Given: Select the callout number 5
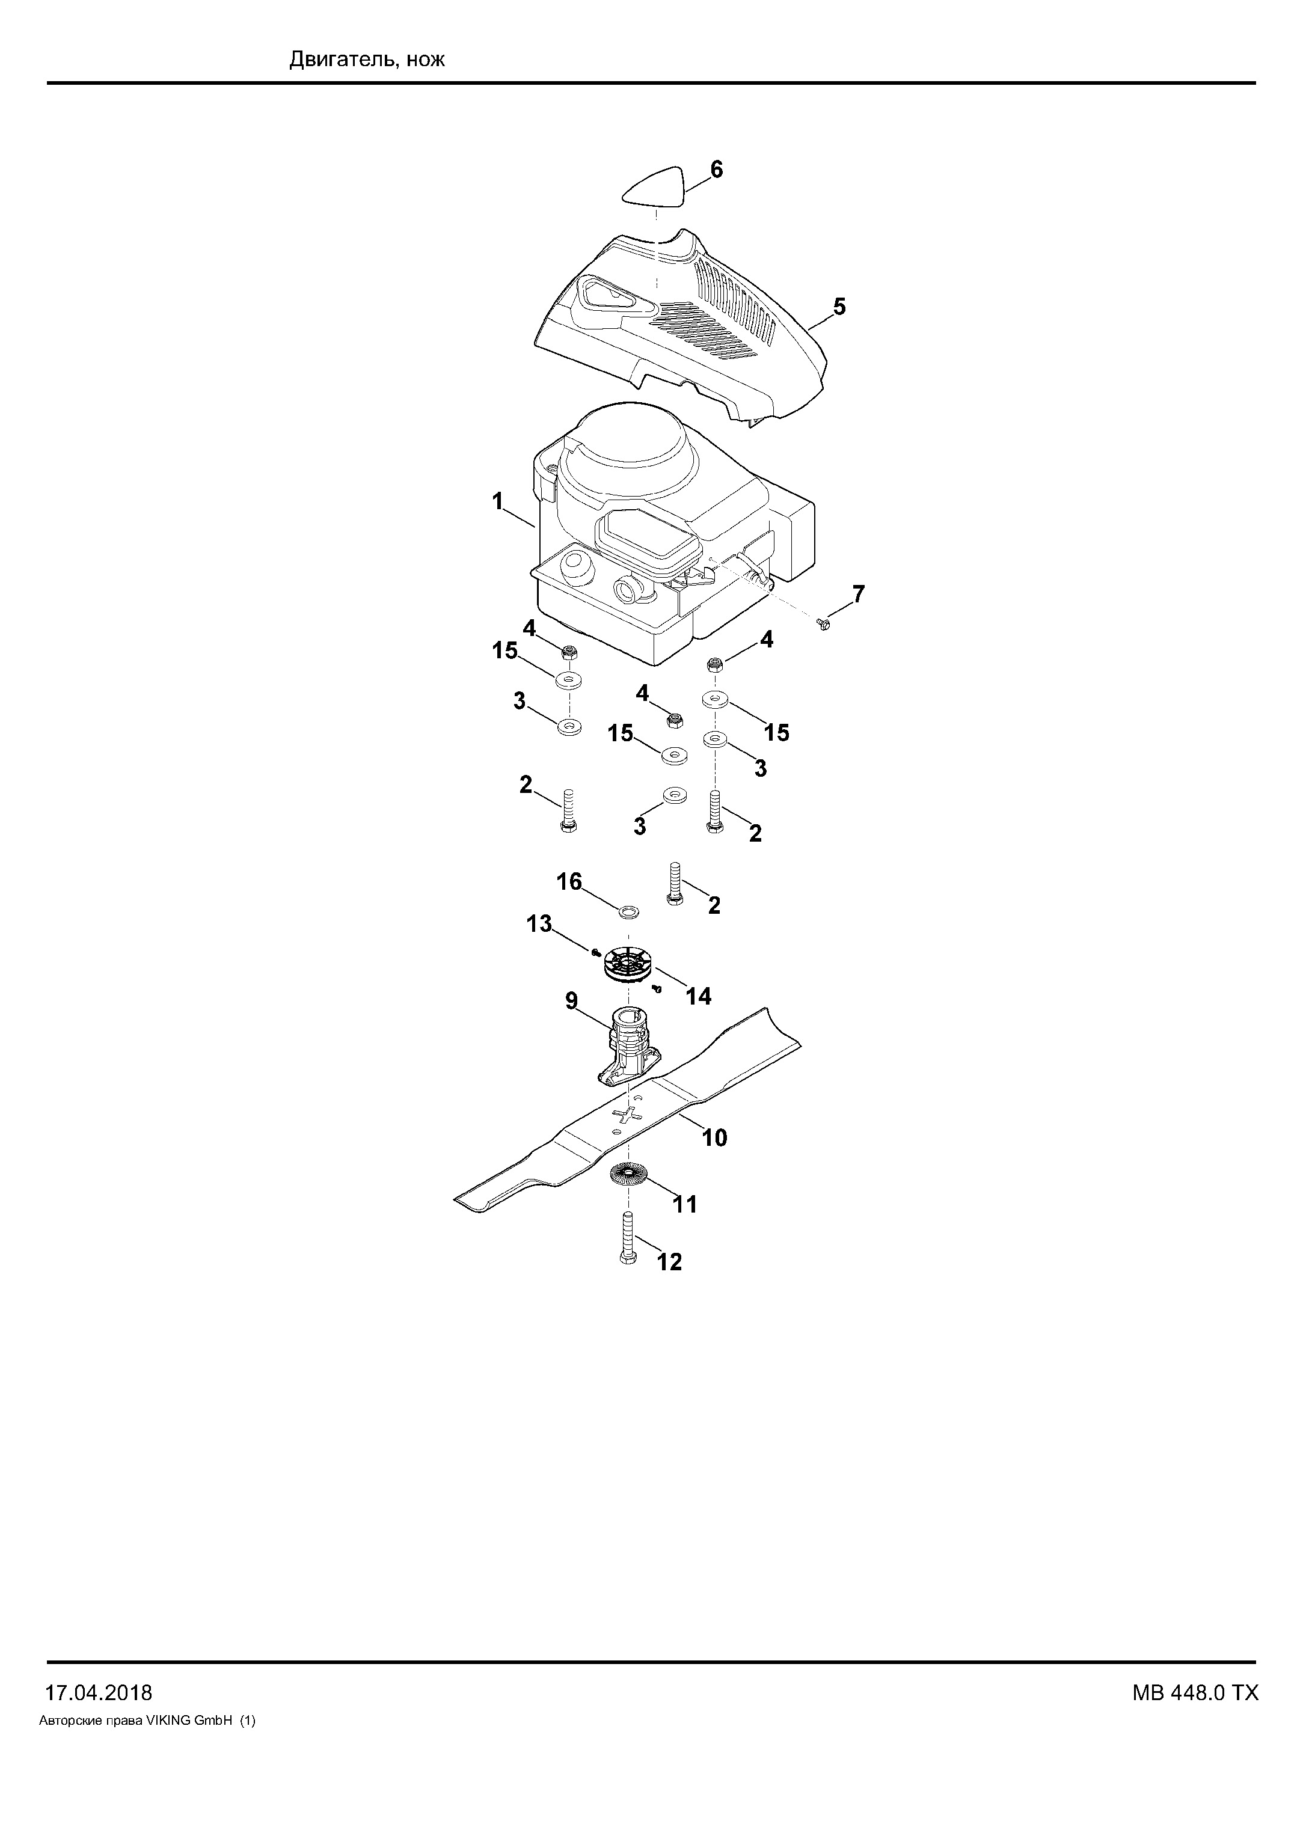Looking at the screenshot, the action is click(839, 307).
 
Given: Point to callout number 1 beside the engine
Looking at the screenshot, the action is click(497, 501).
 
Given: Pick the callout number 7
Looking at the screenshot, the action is click(859, 595).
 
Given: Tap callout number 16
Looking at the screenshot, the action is click(569, 882).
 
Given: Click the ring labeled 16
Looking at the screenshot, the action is click(629, 911).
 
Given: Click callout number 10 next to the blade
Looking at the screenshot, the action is click(714, 1137).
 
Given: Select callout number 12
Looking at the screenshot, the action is click(670, 1262).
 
